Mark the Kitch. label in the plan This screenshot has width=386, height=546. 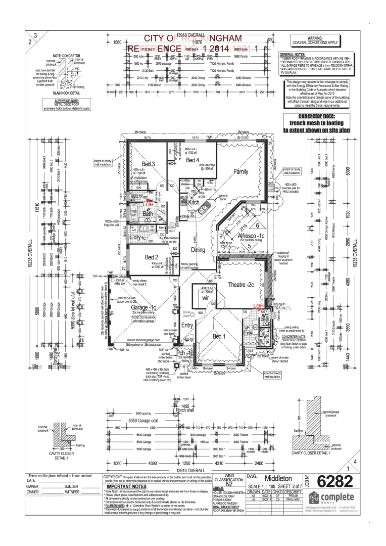tap(196, 202)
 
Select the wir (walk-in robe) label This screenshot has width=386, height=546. tap(205, 298)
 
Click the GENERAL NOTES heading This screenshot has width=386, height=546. tap(293, 53)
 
